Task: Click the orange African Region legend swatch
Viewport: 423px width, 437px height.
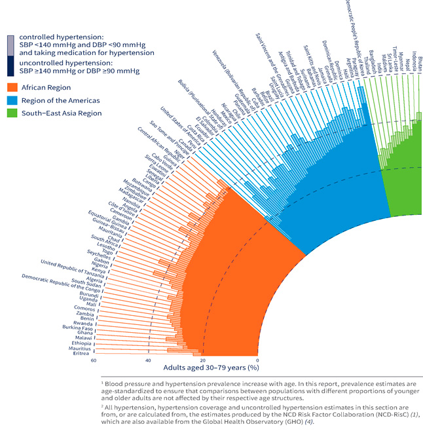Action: click(11, 86)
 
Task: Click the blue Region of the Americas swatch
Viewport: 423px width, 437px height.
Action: click(11, 100)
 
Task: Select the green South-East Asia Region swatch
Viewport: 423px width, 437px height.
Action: click(11, 113)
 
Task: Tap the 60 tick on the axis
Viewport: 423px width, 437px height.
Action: click(94, 360)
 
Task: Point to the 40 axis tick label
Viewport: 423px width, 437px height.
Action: click(149, 360)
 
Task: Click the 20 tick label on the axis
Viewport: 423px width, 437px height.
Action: click(203, 360)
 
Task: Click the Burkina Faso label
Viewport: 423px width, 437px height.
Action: click(77, 327)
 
